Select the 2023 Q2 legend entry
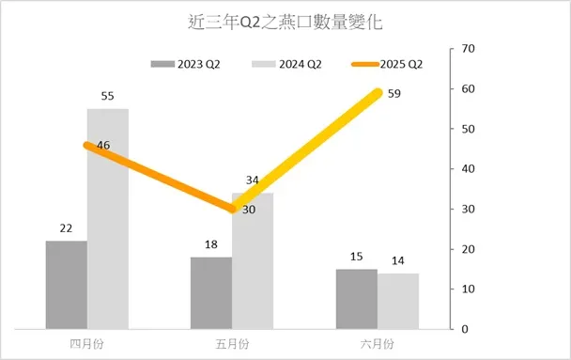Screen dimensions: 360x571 (185, 64)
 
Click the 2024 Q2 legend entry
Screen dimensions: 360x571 (286, 64)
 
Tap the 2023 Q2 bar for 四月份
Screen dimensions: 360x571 (66, 285)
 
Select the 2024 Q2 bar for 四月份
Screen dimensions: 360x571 (107, 219)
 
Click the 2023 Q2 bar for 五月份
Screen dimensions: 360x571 (210, 292)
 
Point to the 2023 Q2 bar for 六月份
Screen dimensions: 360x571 (356, 299)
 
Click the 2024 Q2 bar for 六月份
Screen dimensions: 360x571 (397, 301)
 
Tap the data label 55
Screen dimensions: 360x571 (108, 97)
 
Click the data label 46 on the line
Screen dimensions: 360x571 (77, 145)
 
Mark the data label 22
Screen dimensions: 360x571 (66, 228)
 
